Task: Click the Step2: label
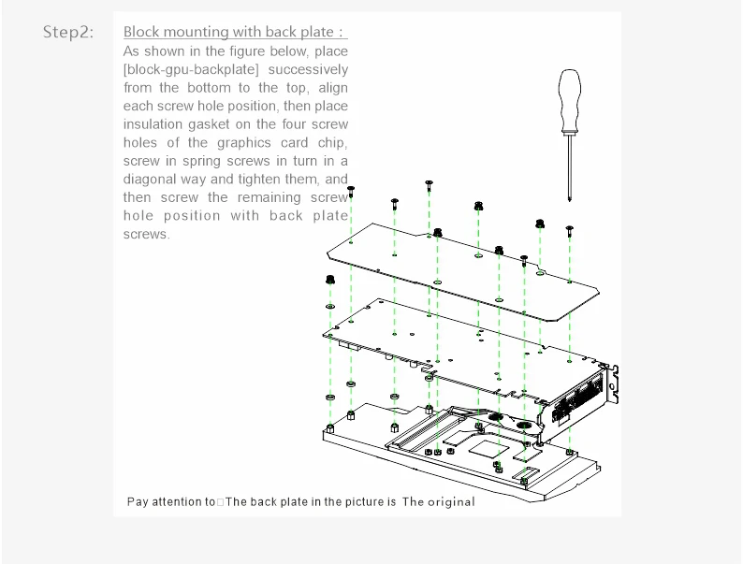pos(68,33)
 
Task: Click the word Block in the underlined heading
pos(141,33)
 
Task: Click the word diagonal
pos(151,180)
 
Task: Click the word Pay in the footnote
pos(138,502)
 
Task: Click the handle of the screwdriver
pos(568,100)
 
